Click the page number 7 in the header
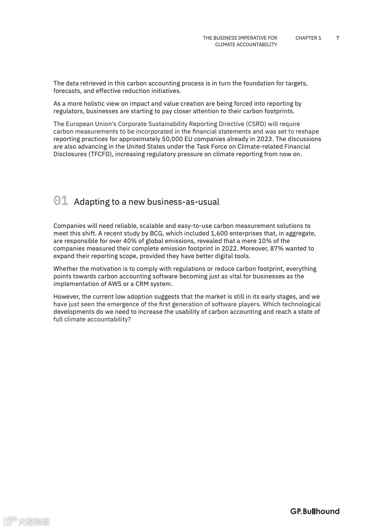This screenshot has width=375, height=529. [x=338, y=38]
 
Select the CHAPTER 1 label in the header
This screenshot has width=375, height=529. [x=308, y=38]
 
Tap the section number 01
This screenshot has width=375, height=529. [x=61, y=201]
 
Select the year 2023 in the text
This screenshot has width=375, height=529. [x=266, y=139]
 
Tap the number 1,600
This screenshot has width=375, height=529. [x=219, y=234]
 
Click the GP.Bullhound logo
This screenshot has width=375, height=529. [x=314, y=512]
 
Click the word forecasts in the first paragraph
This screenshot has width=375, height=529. [x=67, y=91]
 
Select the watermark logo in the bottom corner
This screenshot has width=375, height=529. [x=26, y=521]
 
